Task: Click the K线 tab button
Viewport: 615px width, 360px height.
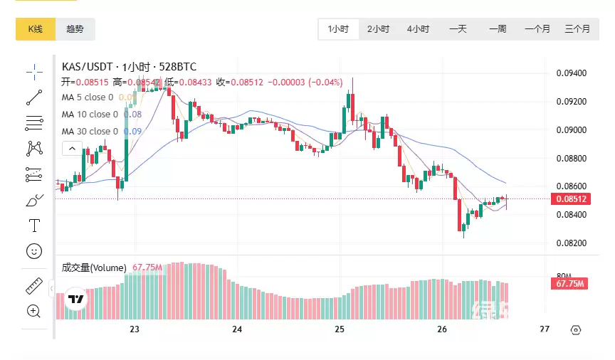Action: pyautogui.click(x=36, y=29)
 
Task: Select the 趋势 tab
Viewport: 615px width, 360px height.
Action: pyautogui.click(x=75, y=29)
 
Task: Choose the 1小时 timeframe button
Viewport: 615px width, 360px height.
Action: pyautogui.click(x=338, y=29)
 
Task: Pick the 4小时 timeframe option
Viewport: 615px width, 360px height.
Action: pyautogui.click(x=418, y=29)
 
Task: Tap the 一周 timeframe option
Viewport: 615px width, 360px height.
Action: pyautogui.click(x=498, y=29)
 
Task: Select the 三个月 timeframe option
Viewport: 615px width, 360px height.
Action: pyautogui.click(x=577, y=29)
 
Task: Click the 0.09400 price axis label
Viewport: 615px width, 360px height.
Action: pyautogui.click(x=571, y=73)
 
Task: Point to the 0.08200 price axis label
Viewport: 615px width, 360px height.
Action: pyautogui.click(x=571, y=243)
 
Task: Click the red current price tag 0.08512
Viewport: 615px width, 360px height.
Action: pyautogui.click(x=571, y=199)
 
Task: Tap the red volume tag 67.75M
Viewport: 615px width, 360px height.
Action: pyautogui.click(x=569, y=284)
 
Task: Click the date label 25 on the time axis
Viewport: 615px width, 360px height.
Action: pyautogui.click(x=340, y=329)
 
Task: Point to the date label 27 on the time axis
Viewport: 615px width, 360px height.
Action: pyautogui.click(x=545, y=329)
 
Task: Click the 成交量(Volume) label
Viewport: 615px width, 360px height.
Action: pyautogui.click(x=94, y=268)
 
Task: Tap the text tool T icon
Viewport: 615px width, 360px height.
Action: pyautogui.click(x=33, y=226)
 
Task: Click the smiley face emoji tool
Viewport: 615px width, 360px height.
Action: pyautogui.click(x=33, y=250)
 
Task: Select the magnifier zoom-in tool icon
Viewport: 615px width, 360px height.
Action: pyautogui.click(x=33, y=311)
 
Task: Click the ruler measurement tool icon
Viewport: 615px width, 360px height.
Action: pyautogui.click(x=33, y=286)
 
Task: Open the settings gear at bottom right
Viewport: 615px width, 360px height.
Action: pyautogui.click(x=576, y=330)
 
